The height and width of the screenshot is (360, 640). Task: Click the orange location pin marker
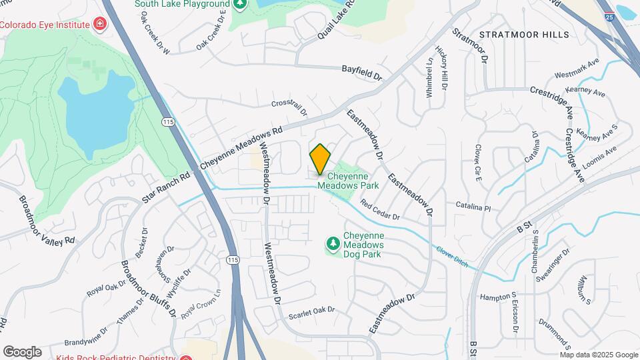[x=320, y=159]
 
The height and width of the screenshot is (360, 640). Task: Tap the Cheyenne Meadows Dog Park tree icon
[x=333, y=245]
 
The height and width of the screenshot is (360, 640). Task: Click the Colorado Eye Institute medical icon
[x=100, y=25]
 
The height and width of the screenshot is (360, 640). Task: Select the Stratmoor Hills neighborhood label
[x=523, y=35]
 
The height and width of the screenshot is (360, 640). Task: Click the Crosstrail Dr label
[x=289, y=108]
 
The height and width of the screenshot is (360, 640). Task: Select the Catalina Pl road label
[x=473, y=208]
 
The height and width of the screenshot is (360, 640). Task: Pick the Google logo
[x=22, y=351]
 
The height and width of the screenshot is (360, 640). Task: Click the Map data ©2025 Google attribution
[x=599, y=354]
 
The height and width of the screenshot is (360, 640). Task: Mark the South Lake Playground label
[x=182, y=4]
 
